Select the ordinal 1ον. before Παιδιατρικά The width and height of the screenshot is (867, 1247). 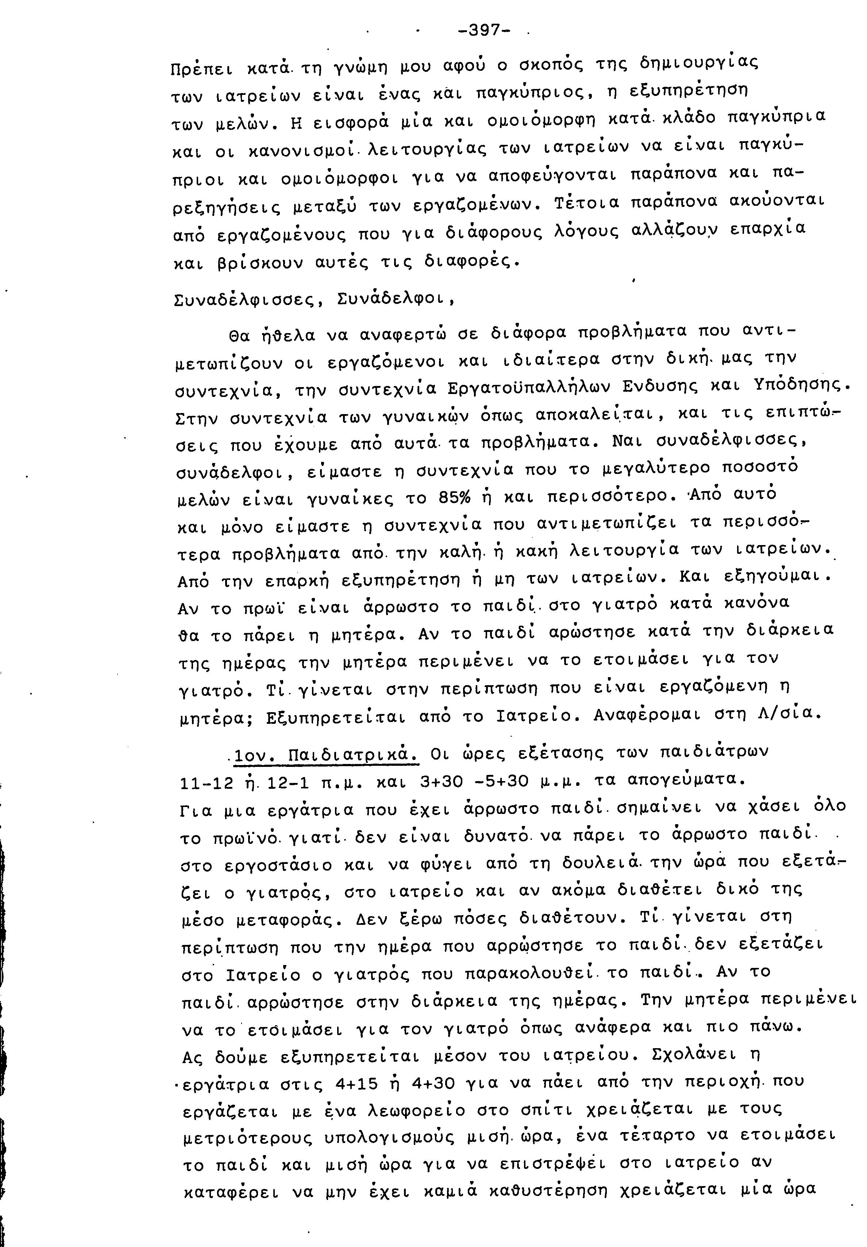click(x=255, y=755)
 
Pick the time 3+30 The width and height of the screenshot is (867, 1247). click(x=441, y=781)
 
